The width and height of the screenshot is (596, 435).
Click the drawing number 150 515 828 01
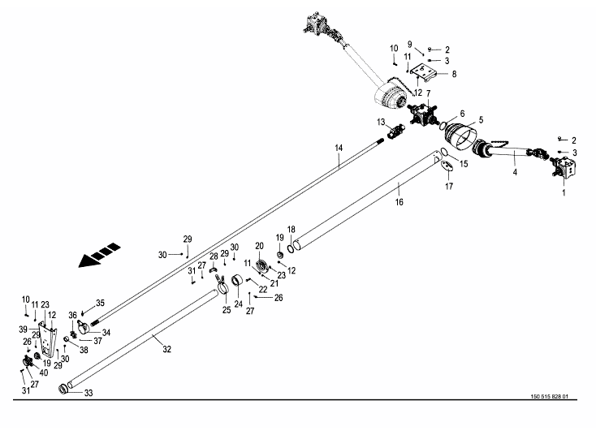(x=549, y=396)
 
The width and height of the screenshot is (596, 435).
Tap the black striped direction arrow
(x=99, y=256)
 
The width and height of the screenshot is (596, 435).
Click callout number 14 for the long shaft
(x=339, y=148)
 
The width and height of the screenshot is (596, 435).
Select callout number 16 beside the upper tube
(x=399, y=202)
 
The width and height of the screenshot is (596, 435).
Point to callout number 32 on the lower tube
(x=167, y=349)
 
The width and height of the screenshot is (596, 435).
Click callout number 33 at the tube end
(x=89, y=393)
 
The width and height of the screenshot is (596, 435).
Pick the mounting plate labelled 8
(x=423, y=71)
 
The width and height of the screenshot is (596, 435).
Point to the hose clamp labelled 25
(x=222, y=285)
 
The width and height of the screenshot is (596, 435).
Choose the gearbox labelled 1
(x=564, y=169)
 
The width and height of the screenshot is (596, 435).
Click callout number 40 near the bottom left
(x=44, y=373)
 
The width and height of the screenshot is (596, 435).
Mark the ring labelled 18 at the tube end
(x=291, y=248)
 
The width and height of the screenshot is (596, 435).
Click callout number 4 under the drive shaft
(x=515, y=172)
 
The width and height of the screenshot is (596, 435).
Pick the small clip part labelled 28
(x=214, y=269)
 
